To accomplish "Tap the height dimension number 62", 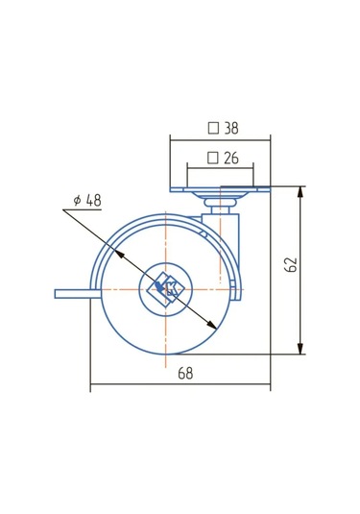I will pyautogui.click(x=292, y=265).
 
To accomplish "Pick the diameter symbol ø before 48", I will pyautogui.click(x=76, y=201).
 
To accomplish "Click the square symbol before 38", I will pyautogui.click(x=212, y=126).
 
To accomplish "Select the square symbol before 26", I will pyautogui.click(x=212, y=158).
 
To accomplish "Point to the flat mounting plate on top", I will pyautogui.click(x=221, y=189).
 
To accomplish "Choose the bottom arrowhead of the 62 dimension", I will pyautogui.click(x=302, y=349).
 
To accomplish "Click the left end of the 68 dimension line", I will pyautogui.click(x=91, y=387).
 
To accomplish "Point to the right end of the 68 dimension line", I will pyautogui.click(x=270, y=387).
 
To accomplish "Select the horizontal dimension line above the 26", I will pyautogui.click(x=221, y=169).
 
